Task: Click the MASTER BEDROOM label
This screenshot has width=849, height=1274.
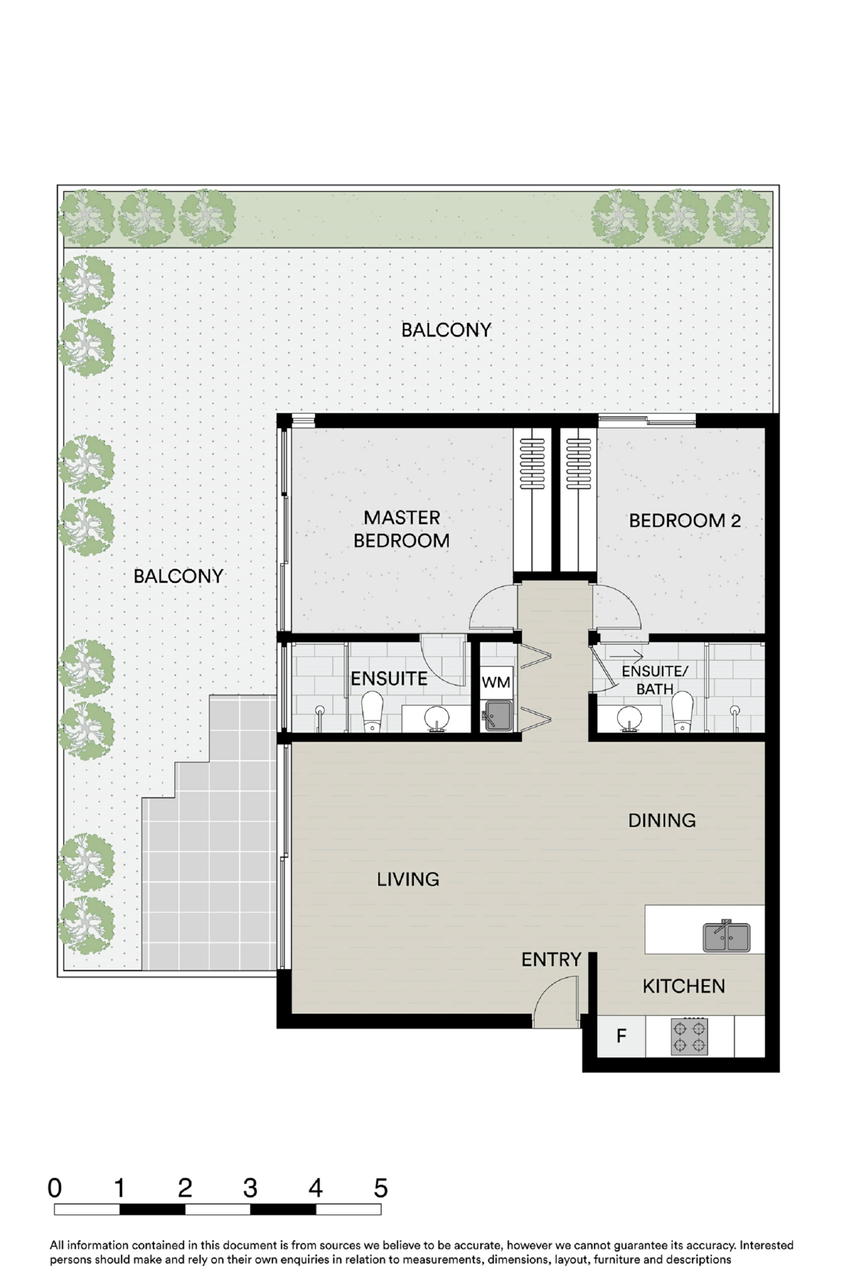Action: coord(401,529)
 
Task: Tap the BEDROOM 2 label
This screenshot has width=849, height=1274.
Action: coord(685,521)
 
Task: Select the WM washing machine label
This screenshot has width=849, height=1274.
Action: coord(496,683)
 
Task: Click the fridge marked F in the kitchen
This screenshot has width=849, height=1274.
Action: coord(621,1036)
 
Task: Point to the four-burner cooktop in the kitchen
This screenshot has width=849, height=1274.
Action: coord(689,1037)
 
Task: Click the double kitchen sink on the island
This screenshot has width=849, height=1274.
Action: coord(726,936)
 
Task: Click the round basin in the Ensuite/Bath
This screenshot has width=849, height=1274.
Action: coord(630,718)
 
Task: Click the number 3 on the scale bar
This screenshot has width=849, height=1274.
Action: coord(250,1189)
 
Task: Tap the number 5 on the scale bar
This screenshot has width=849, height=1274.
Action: coord(380,1189)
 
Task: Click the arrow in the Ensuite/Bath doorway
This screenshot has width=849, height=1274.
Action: coord(627,657)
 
